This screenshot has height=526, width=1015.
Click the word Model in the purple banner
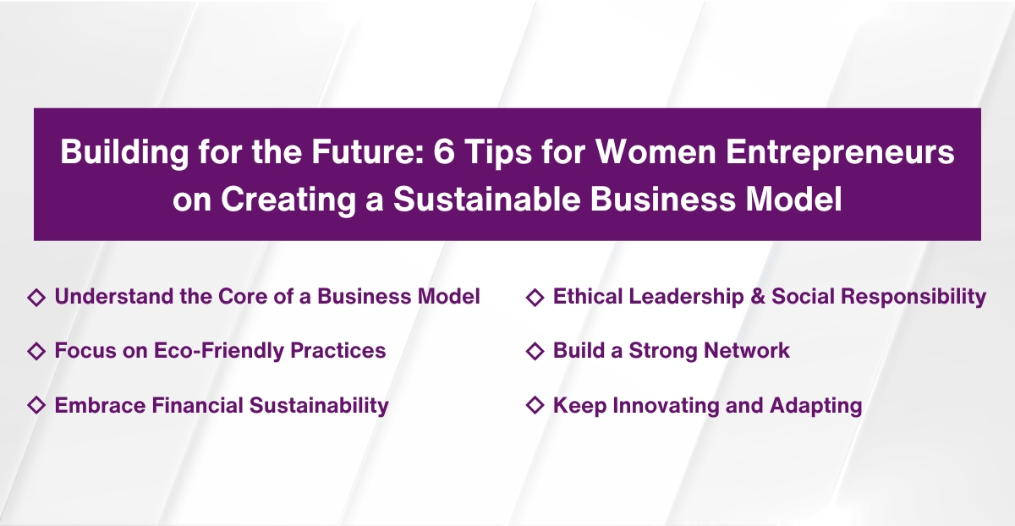(x=796, y=201)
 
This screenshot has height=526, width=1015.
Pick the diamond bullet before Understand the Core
(x=36, y=297)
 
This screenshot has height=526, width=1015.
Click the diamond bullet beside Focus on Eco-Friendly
(x=36, y=350)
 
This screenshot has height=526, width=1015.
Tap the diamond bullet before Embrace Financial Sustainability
(x=36, y=405)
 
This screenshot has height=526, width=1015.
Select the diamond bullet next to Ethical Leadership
(x=535, y=297)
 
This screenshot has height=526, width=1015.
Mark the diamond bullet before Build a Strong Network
(x=535, y=350)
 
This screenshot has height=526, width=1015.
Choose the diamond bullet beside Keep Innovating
(x=535, y=405)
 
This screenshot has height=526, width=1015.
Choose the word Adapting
(x=815, y=405)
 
